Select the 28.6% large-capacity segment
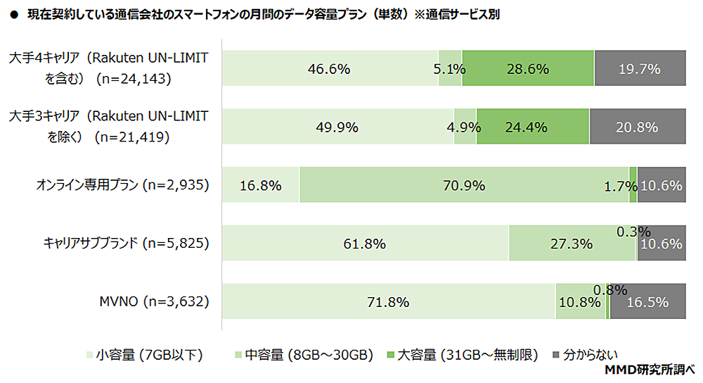528,69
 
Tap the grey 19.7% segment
640,69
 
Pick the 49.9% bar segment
338,127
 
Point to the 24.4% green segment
532,127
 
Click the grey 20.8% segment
638,127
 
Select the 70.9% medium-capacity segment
464,186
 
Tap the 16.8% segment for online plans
261,186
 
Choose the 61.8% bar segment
365,244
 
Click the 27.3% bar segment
572,244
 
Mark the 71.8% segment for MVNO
388,303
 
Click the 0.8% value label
610,289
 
